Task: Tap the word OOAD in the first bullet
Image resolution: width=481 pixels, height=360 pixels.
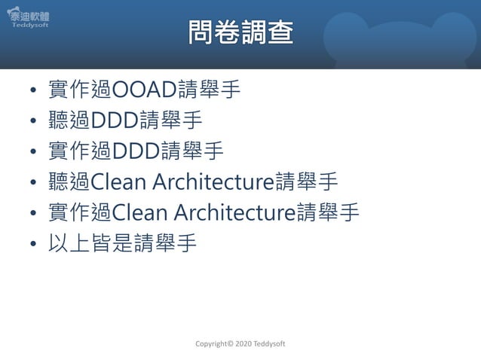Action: (144, 91)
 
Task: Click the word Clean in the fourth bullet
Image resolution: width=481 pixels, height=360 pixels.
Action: (119, 182)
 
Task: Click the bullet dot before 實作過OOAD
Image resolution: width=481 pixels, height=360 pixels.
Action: (32, 93)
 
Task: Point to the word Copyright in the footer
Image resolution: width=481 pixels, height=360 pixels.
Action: (213, 343)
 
